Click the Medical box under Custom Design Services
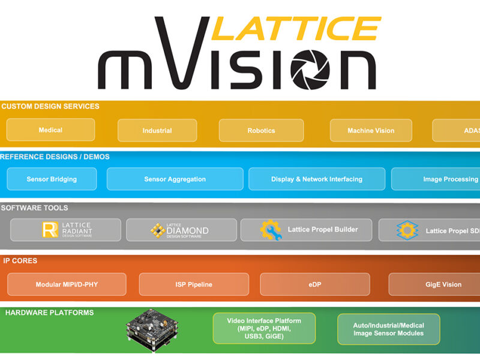click(50, 130)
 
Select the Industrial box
click(157, 131)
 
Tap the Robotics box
click(261, 131)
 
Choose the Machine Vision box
click(371, 131)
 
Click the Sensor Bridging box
click(52, 179)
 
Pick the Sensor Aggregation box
click(175, 179)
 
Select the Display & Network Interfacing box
click(317, 179)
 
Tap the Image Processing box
click(437, 179)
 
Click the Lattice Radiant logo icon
click(50, 230)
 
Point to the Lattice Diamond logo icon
click(157, 230)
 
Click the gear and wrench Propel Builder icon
click(271, 230)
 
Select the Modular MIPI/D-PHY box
click(67, 284)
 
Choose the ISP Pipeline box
click(194, 284)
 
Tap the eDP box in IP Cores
click(314, 284)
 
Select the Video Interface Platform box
click(264, 328)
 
